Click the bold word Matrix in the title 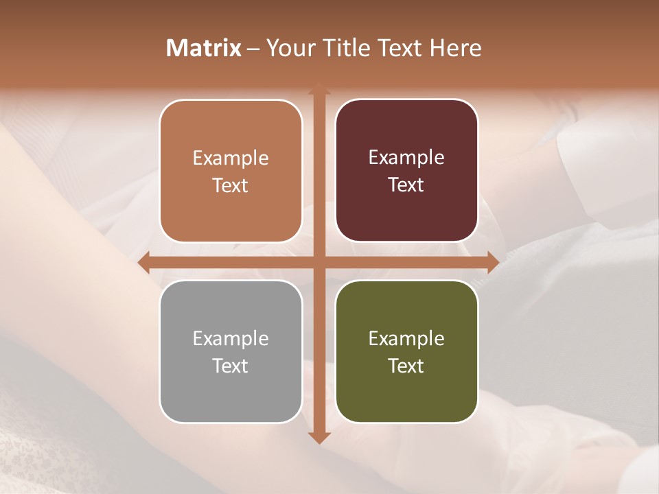(x=204, y=48)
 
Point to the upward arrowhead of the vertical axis (x=319, y=89)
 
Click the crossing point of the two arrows (x=319, y=262)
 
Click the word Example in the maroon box (x=406, y=158)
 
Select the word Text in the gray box (x=231, y=366)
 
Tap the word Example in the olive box (x=406, y=338)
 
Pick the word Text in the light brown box (x=231, y=185)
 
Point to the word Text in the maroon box (x=406, y=185)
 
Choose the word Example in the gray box (x=231, y=338)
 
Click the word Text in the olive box (x=406, y=366)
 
